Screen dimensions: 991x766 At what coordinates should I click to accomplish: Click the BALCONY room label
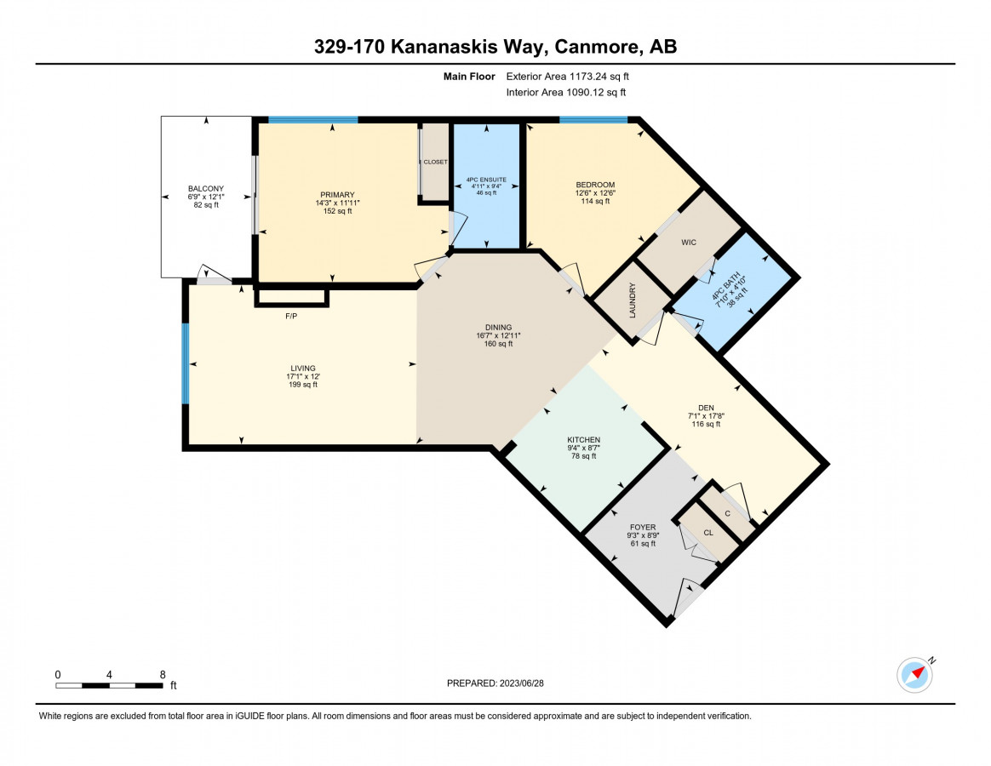206,188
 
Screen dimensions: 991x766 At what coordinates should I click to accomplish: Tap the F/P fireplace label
291,316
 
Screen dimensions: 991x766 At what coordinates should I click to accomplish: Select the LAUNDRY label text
633,300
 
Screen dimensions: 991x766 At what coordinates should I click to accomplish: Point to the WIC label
689,242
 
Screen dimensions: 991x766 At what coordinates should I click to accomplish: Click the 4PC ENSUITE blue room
487,186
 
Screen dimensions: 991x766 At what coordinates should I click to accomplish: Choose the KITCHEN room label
583,439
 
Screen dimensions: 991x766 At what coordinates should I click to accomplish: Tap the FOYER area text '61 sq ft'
643,544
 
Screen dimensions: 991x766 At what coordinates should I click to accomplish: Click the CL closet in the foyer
707,532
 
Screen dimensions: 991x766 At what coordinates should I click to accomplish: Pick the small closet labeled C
727,513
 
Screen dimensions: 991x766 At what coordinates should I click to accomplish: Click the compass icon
914,675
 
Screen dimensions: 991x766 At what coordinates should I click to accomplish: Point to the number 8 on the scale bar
163,674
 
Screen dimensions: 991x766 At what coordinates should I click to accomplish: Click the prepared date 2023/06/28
521,683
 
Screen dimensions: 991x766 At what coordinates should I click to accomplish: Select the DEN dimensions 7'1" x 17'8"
706,416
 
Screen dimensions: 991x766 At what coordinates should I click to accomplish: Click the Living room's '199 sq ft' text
303,384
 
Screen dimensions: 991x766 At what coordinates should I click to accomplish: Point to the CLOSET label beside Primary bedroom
435,162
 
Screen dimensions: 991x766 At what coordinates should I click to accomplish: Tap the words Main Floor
469,77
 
